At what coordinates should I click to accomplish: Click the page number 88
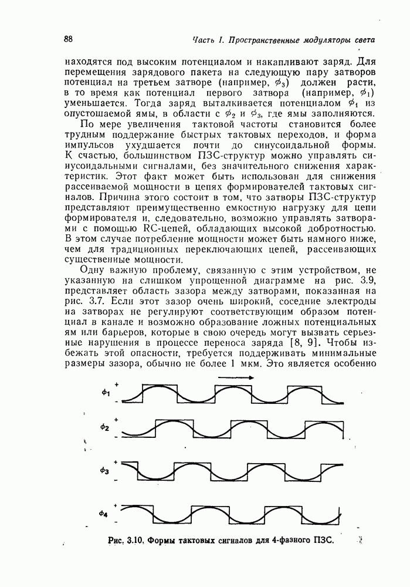pyautogui.click(x=68, y=39)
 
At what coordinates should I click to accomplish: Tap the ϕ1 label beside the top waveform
pyautogui.click(x=106, y=393)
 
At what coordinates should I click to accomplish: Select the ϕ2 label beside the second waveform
pyautogui.click(x=105, y=427)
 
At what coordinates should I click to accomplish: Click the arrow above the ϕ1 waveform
pyautogui.click(x=235, y=378)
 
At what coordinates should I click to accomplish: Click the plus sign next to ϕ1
pyautogui.click(x=117, y=384)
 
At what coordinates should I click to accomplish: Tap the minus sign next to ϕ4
pyautogui.click(x=117, y=521)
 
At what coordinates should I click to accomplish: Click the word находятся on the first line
pyautogui.click(x=90, y=60)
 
